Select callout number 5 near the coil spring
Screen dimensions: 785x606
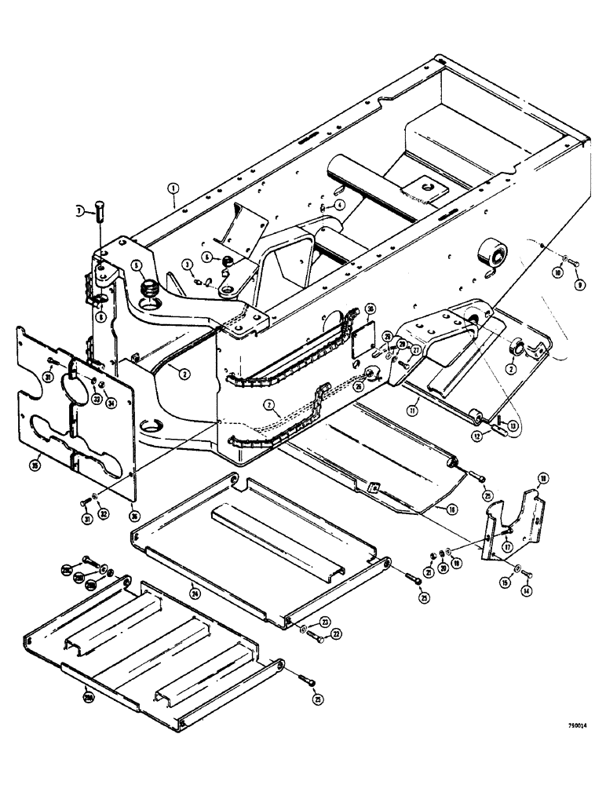(x=137, y=265)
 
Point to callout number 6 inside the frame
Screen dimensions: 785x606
(x=206, y=257)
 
